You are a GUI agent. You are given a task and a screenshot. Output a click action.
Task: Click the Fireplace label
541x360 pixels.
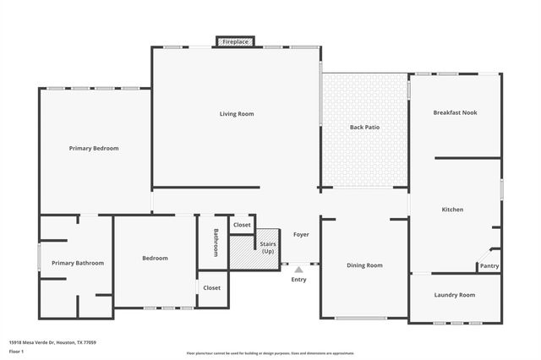(x=236, y=41)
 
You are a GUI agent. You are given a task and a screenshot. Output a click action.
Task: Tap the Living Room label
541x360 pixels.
(x=237, y=113)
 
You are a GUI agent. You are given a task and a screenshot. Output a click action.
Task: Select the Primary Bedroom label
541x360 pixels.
(x=94, y=148)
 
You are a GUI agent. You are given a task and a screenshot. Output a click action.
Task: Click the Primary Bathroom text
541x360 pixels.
(x=78, y=263)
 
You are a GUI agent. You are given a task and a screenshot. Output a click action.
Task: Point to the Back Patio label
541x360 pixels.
(x=364, y=127)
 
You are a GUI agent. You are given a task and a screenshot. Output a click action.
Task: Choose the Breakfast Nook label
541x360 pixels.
(x=455, y=112)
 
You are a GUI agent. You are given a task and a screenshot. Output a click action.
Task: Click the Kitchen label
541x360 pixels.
(x=452, y=209)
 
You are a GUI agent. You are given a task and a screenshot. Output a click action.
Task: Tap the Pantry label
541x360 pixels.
(x=489, y=266)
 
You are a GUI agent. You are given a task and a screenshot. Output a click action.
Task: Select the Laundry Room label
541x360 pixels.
(x=454, y=295)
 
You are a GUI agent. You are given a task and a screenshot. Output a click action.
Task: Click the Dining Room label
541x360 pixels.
(x=364, y=265)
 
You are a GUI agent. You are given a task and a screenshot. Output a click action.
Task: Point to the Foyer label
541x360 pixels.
(x=301, y=234)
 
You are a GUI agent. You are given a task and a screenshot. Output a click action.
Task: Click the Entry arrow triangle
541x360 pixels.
(x=298, y=269)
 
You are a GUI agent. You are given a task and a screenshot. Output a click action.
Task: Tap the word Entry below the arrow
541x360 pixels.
(x=298, y=279)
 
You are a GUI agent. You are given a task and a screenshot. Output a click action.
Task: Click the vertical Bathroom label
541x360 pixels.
(x=216, y=243)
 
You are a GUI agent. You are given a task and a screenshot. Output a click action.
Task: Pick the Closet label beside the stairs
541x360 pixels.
(x=242, y=225)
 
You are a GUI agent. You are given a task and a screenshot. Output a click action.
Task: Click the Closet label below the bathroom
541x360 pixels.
(x=211, y=287)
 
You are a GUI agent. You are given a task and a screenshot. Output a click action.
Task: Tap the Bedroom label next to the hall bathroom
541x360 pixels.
(x=155, y=258)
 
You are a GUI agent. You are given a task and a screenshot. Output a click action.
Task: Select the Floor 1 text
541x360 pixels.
(x=17, y=350)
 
